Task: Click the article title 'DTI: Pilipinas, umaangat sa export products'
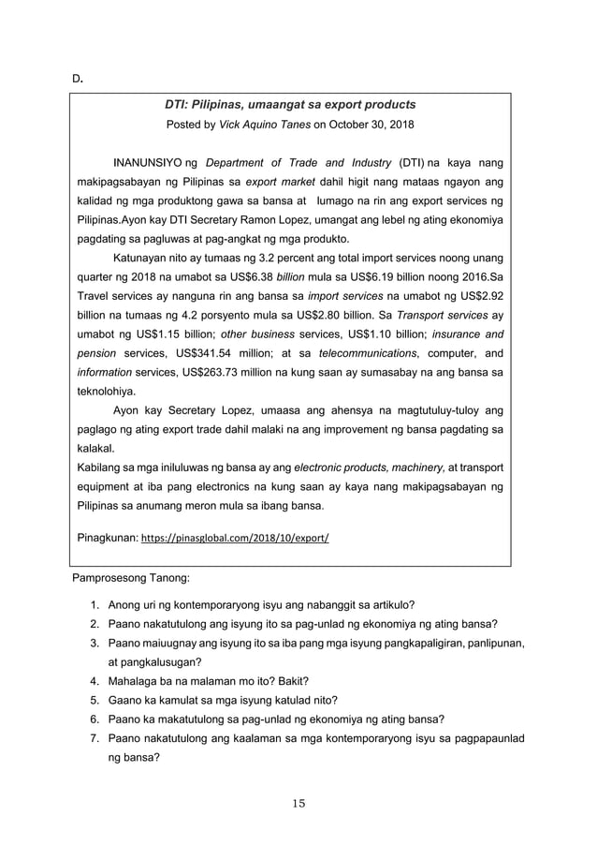290,104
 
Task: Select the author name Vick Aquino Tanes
264,125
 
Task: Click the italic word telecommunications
367,352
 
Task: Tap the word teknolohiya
105,391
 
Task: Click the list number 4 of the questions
95,681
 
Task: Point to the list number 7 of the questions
95,739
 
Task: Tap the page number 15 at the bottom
298,804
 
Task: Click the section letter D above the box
79,78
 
